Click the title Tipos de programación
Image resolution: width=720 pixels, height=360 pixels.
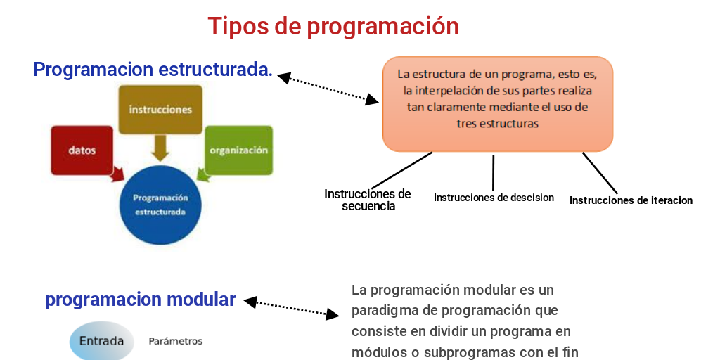pos(333,26)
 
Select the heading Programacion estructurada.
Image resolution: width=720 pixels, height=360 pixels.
pos(153,70)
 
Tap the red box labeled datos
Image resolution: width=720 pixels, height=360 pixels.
pos(82,150)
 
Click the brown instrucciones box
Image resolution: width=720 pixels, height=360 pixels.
pos(160,110)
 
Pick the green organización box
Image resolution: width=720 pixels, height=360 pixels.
pos(238,150)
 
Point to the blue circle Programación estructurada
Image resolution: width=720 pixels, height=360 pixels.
pos(160,205)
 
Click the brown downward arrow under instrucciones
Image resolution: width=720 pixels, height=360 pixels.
pos(160,148)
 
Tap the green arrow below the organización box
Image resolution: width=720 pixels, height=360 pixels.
pos(205,172)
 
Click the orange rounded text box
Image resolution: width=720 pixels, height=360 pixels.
pos(497,103)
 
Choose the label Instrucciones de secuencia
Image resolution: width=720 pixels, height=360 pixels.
pos(367,200)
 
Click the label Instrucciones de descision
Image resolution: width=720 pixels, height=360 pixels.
pos(494,198)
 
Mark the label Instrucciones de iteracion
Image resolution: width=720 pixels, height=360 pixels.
pos(631,200)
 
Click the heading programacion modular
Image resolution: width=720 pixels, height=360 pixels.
pos(140,300)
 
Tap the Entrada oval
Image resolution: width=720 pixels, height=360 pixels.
pos(102,342)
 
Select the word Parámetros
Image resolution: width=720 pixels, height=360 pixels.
pos(175,341)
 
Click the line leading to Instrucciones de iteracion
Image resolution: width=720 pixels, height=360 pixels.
pos(600,173)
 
